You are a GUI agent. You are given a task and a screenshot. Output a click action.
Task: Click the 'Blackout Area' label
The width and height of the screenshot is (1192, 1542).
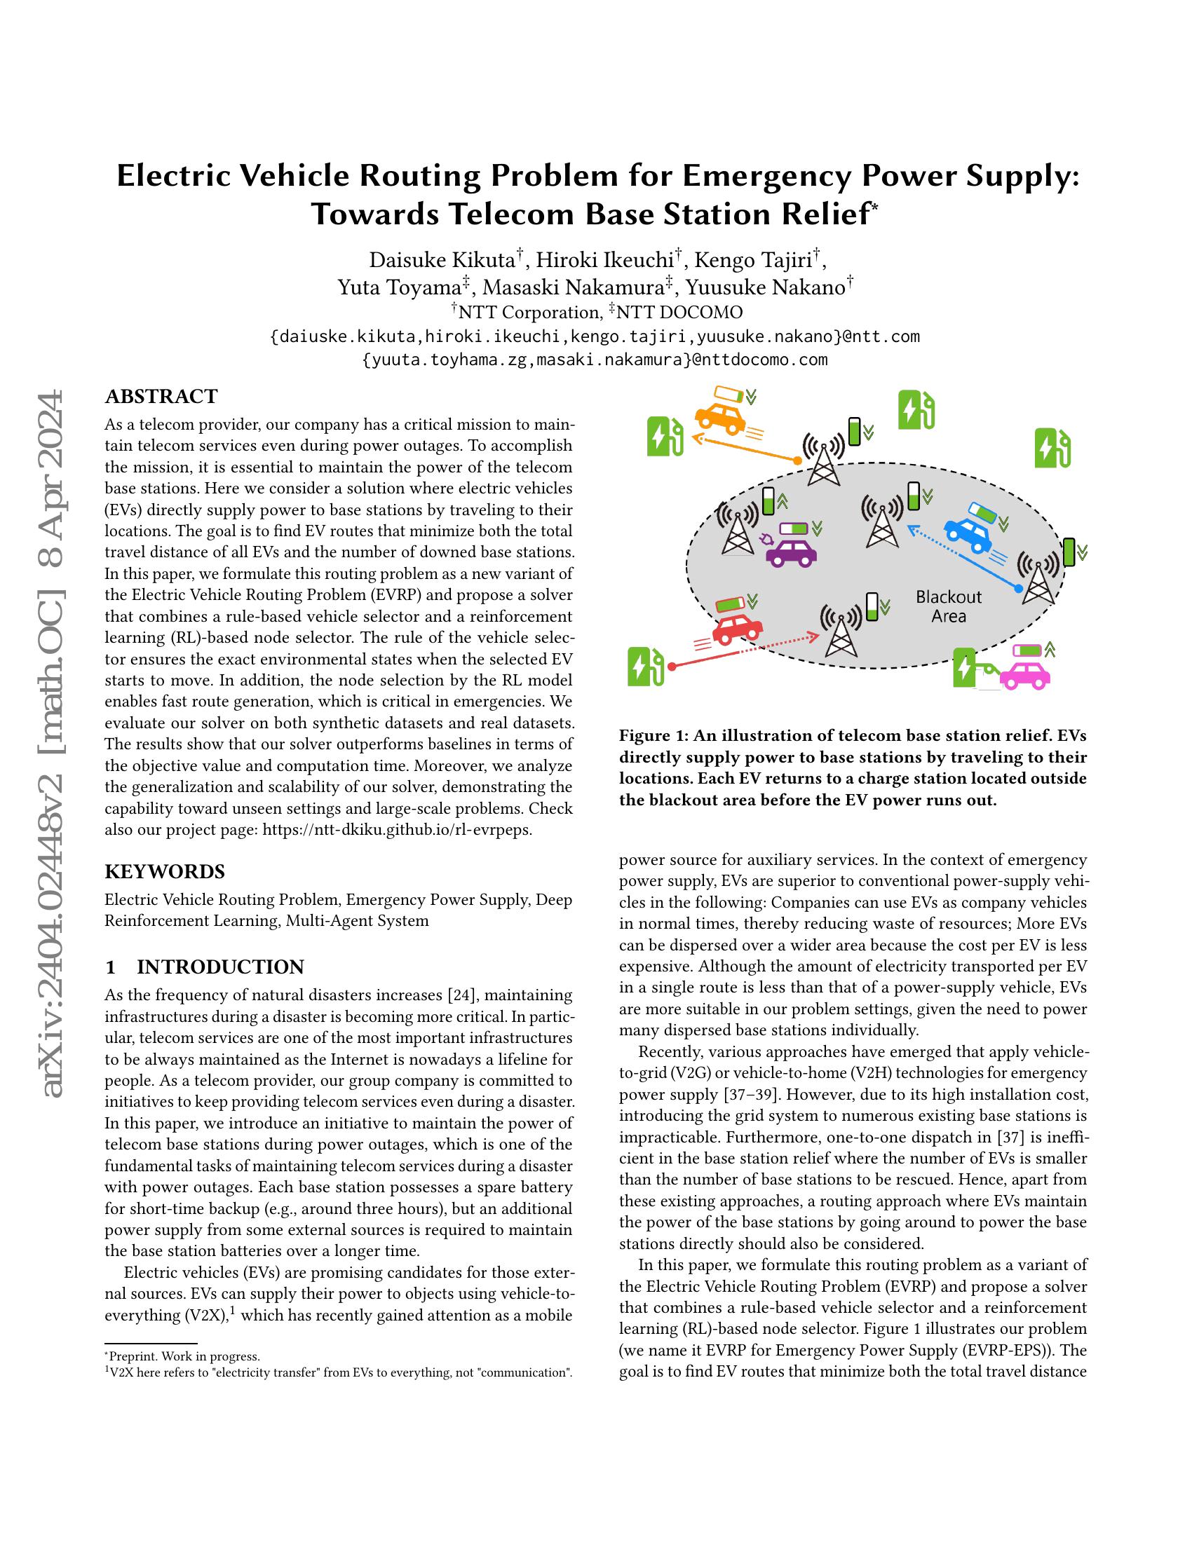pos(949,606)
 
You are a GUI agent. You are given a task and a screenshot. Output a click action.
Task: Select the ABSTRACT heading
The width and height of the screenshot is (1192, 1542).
pos(161,397)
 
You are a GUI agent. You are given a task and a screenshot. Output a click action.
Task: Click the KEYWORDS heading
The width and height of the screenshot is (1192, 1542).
pos(165,871)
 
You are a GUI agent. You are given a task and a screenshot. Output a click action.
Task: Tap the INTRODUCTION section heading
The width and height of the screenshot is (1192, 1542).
pos(220,967)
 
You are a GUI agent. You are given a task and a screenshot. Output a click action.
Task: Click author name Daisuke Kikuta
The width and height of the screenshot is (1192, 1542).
pos(442,260)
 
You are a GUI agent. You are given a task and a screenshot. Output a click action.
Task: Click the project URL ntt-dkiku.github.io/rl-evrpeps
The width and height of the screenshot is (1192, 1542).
pos(397,830)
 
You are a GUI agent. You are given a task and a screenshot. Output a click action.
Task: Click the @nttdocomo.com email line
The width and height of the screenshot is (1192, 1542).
pos(595,360)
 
